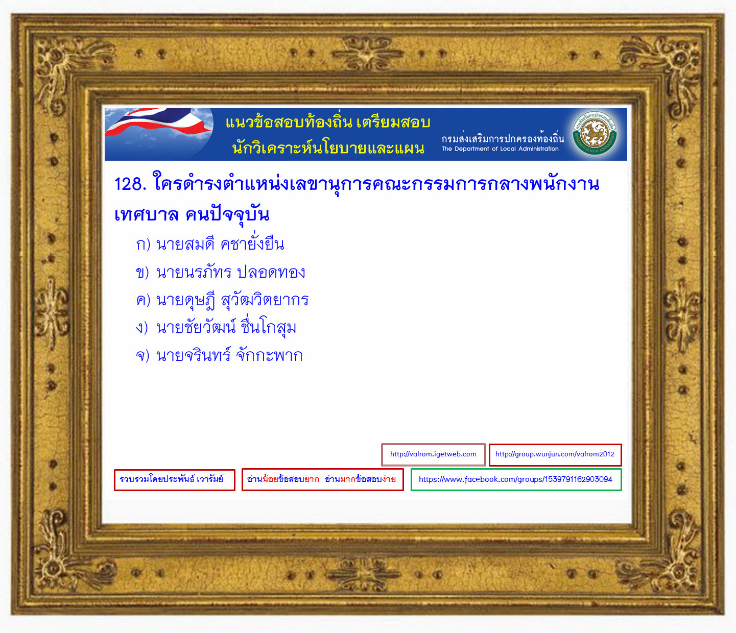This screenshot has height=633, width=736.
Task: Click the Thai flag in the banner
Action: [158, 122]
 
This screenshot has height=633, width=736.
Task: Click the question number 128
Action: [130, 184]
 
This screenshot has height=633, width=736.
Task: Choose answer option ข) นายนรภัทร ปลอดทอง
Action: [221, 272]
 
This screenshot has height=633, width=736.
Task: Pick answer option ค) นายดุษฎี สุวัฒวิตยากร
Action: [222, 300]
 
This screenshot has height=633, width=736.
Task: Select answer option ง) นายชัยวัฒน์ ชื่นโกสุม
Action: [216, 326]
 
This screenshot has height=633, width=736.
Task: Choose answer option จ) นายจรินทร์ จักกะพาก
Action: [219, 355]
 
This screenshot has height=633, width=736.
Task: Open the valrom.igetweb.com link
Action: [433, 454]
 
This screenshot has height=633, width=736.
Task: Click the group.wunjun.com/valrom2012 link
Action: [555, 454]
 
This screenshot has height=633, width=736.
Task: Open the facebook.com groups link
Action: [516, 480]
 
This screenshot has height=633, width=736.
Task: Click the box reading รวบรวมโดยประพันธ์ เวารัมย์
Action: [175, 480]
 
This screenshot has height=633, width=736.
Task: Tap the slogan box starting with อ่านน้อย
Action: [323, 480]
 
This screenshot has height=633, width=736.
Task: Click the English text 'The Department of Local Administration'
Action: [500, 149]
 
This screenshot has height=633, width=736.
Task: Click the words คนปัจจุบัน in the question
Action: [227, 214]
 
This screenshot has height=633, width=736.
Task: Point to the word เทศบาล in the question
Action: [147, 214]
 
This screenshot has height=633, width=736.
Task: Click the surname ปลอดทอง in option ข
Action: [271, 272]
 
